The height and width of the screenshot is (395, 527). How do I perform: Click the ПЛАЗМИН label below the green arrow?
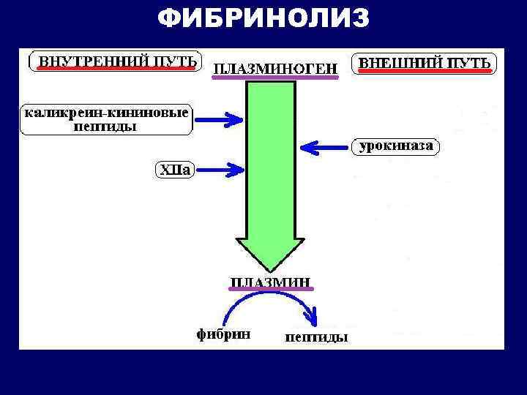tap(270, 281)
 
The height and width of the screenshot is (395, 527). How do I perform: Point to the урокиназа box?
tap(396, 146)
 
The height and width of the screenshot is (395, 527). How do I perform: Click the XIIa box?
tap(175, 170)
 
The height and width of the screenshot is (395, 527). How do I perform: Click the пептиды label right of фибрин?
tap(315, 337)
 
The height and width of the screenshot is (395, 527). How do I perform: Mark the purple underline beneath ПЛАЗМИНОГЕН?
tap(275, 77)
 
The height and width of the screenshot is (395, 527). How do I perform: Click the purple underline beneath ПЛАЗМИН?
tap(270, 290)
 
